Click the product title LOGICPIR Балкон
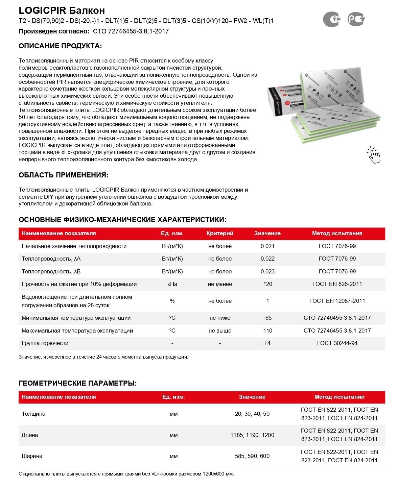62,10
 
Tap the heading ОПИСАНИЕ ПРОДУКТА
60,46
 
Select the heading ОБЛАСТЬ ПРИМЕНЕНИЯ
64,175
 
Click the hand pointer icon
374,155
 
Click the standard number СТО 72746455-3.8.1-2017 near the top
131,31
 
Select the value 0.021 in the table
267,246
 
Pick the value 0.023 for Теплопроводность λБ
267,272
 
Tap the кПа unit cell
172,284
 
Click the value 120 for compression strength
267,284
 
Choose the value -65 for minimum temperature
267,318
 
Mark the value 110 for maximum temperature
267,331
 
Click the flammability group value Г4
267,343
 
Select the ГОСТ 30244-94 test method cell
337,343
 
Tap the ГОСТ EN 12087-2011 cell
337,301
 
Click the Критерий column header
220,234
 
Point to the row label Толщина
33,414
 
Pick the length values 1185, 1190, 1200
252,435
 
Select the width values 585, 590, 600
252,456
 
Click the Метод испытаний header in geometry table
339,397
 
